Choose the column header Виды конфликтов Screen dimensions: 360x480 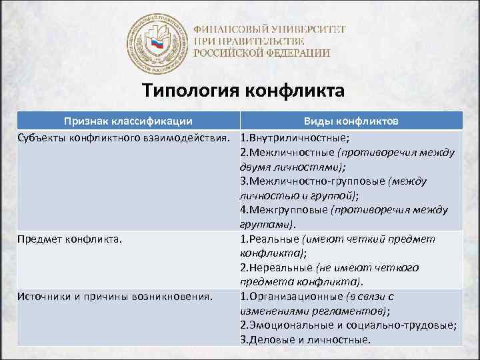tap(351, 121)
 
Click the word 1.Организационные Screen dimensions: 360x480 tap(289, 296)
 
